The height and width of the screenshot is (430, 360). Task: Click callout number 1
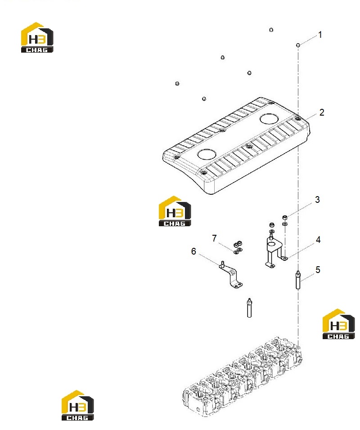[x=320, y=35]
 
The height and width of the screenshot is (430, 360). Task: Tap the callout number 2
[x=322, y=112]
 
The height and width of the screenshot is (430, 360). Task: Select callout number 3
[x=317, y=200]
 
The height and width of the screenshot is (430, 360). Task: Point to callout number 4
[x=318, y=240]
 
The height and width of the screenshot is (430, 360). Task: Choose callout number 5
[x=318, y=270]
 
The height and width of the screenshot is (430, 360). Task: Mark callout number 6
[x=193, y=251]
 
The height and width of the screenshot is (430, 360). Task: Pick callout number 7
[x=214, y=238]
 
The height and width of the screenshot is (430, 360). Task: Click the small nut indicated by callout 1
[x=298, y=45]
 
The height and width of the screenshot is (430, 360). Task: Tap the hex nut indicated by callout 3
[x=285, y=217]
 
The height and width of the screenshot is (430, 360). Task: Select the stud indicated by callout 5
[x=298, y=280]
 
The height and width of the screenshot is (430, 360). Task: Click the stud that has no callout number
[x=249, y=308]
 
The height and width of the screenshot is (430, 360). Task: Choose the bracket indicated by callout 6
[x=231, y=275]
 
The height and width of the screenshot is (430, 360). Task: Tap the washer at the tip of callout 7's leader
[x=236, y=252]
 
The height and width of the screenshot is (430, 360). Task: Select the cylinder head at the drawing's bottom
[x=243, y=377]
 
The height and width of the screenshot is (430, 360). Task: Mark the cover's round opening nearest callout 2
[x=269, y=119]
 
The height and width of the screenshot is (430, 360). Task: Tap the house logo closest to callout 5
[x=338, y=324]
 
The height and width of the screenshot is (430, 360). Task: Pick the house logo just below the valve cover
[x=175, y=211]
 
